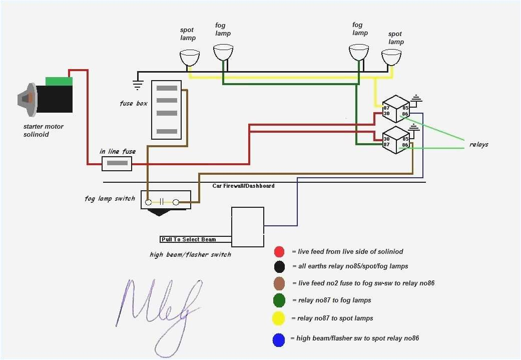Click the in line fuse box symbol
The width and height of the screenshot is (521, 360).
point(117,163)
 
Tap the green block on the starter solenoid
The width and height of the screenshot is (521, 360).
point(59,81)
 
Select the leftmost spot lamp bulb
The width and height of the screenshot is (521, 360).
point(189,58)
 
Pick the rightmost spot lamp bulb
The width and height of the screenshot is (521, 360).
point(391,57)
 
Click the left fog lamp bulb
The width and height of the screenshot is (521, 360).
point(223,52)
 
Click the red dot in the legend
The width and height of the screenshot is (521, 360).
point(279,251)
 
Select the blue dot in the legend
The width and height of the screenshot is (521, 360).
point(279,340)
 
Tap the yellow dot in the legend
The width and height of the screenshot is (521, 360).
point(279,318)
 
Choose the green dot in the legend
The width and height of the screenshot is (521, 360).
point(279,300)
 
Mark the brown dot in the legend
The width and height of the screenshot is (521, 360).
point(279,283)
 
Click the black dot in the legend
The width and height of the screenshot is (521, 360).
point(279,266)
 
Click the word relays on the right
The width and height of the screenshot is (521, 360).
point(478,145)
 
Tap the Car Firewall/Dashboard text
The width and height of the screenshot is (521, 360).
point(243,186)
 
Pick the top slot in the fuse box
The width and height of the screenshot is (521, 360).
point(167,88)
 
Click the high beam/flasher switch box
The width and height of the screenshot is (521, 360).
point(247,227)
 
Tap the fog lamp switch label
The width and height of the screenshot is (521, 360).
point(110,199)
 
